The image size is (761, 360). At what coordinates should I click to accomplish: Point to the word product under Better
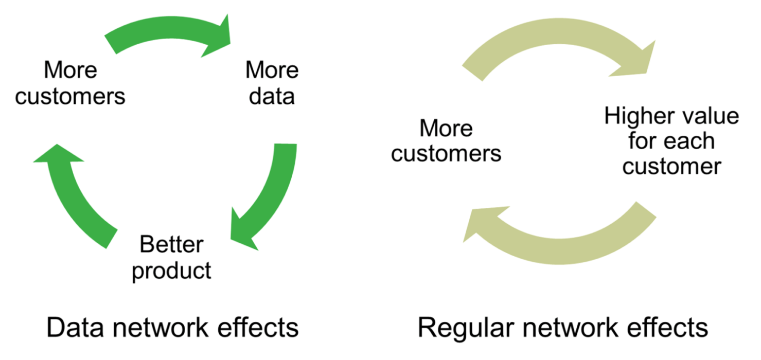[x=171, y=270]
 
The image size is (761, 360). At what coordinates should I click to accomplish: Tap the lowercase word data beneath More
[x=272, y=96]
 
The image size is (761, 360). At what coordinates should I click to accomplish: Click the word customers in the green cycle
[x=70, y=96]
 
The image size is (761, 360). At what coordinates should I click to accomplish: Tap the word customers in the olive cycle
[x=446, y=154]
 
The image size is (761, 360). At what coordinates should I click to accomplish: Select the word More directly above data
[x=272, y=70]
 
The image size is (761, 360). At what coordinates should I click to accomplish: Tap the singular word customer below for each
[x=671, y=166]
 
